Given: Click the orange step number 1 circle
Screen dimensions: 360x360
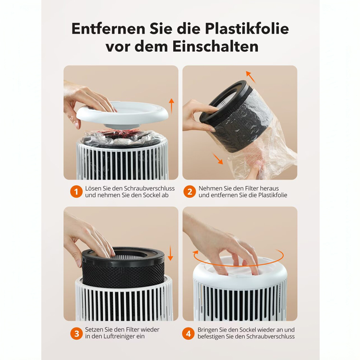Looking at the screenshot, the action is point(76,192).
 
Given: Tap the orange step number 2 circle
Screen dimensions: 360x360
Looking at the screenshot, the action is point(190,192).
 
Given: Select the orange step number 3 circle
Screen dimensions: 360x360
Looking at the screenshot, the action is point(76,334).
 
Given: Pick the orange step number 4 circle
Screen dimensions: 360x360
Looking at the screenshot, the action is point(188,334).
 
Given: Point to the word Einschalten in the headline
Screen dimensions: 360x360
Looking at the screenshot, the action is point(216,47).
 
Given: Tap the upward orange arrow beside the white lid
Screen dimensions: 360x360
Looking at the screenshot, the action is point(171,106).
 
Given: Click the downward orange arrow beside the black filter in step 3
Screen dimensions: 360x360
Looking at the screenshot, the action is point(170,253).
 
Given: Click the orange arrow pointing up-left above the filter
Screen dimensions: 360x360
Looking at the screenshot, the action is point(251,77).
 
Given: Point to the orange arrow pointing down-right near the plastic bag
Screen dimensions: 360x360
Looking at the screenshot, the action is point(217,159).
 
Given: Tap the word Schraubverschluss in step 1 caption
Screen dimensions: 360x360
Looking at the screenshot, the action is point(149,189).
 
